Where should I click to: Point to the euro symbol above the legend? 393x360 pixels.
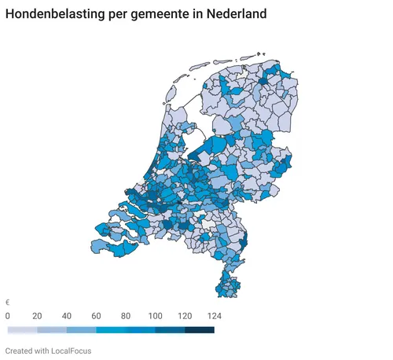[8, 303]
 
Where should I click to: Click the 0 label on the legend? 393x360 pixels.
[8, 315]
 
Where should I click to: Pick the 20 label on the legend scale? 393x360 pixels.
[37, 315]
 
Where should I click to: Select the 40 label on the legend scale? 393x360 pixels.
[67, 315]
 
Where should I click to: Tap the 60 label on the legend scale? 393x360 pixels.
[96, 315]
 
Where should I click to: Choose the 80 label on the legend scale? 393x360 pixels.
[126, 315]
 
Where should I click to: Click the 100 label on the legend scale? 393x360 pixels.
[155, 315]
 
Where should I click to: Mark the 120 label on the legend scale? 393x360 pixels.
[185, 315]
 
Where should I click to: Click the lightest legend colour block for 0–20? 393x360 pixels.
[22, 330]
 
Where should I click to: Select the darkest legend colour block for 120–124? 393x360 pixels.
[200, 330]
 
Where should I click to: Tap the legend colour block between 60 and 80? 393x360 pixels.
[111, 330]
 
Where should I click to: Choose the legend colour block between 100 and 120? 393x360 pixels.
[170, 330]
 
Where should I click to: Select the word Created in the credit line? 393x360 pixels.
[20, 350]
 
